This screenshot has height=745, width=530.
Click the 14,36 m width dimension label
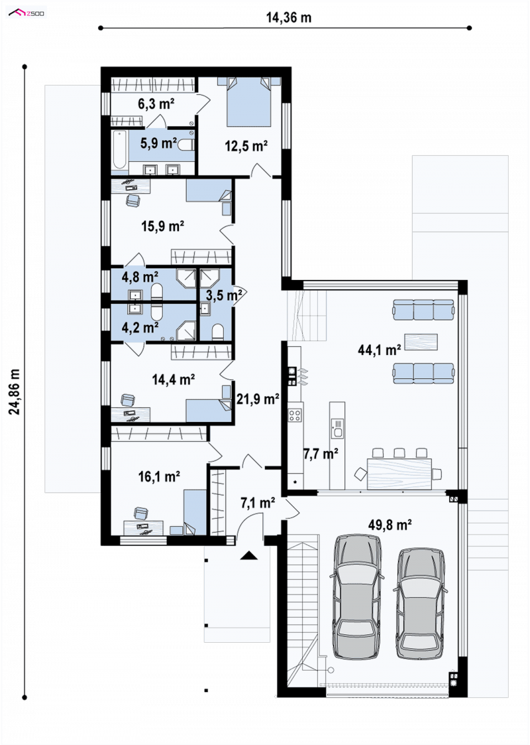(x=288, y=17)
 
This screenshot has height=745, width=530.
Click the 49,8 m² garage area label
(x=390, y=525)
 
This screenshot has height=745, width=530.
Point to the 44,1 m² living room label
(x=379, y=350)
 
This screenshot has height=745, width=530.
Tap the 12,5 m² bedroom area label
(x=246, y=146)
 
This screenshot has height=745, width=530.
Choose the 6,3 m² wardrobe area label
(x=156, y=103)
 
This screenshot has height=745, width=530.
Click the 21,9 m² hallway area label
(x=258, y=399)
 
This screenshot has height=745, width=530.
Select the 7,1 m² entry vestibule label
(x=258, y=503)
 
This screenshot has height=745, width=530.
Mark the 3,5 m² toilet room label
(x=224, y=295)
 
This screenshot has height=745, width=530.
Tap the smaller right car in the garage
(x=420, y=604)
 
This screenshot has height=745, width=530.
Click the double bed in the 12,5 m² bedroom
(x=249, y=102)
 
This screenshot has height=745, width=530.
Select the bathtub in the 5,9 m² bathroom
(x=119, y=151)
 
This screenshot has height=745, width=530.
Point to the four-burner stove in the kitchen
(x=295, y=415)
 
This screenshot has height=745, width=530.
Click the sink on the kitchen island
(x=337, y=428)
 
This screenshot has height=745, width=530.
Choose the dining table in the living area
(x=399, y=473)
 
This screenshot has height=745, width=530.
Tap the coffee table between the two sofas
(x=421, y=342)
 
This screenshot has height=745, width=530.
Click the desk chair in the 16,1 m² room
(x=140, y=513)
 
